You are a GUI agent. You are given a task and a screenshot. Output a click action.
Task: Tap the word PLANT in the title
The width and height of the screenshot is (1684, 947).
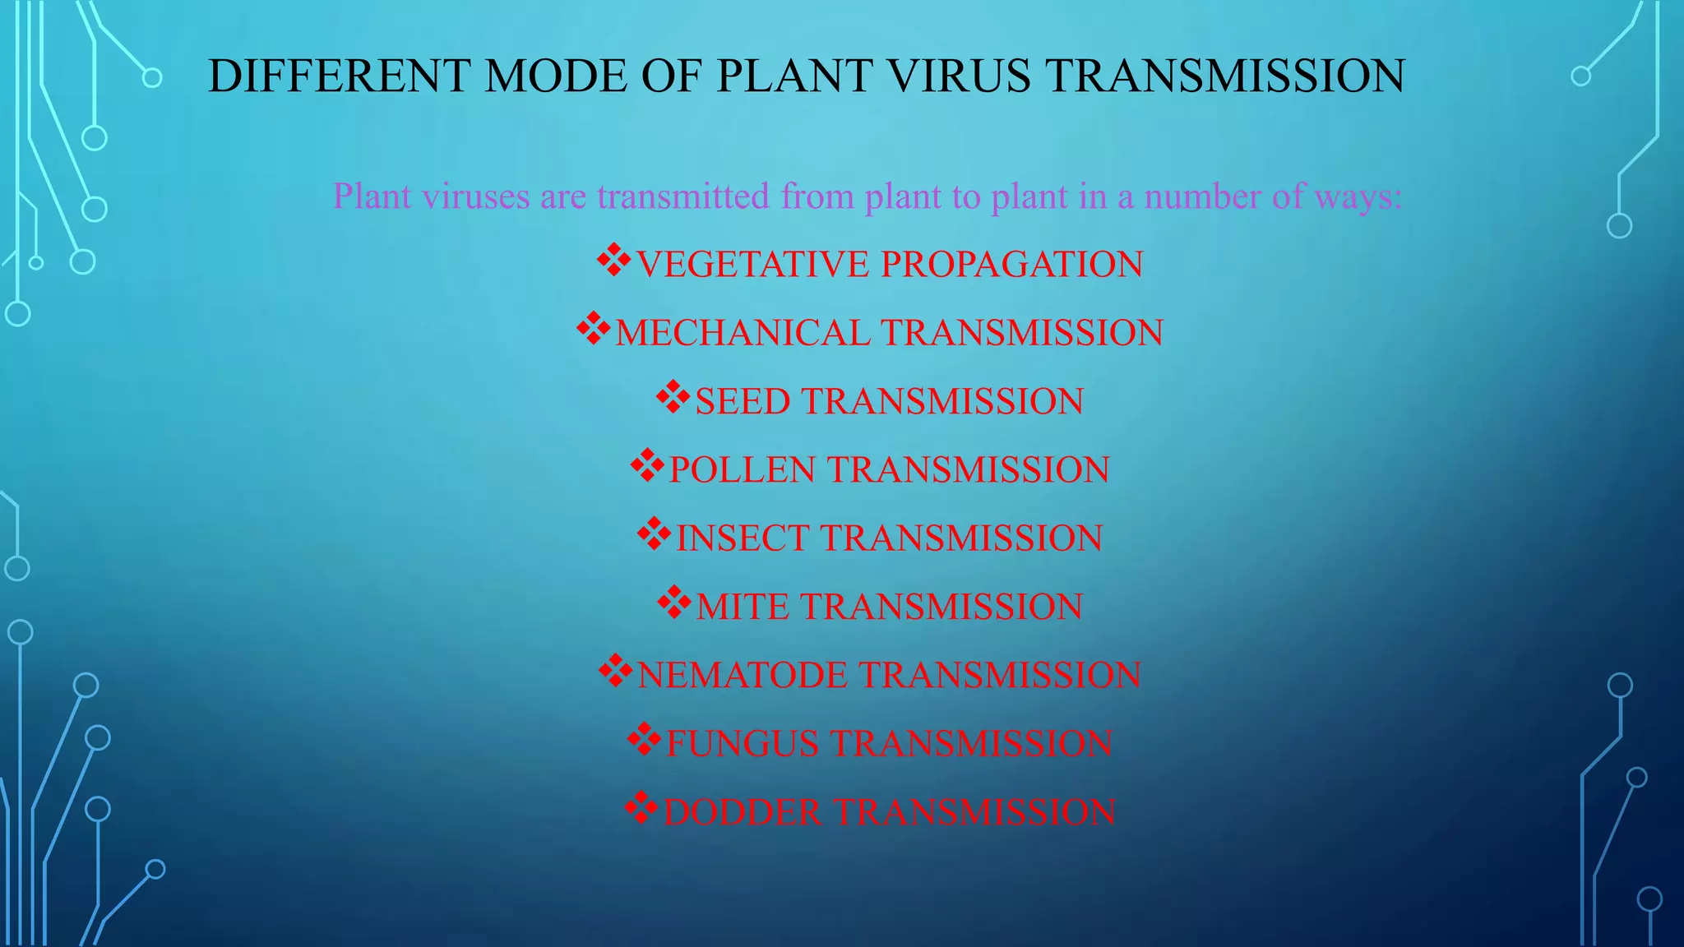tap(793, 76)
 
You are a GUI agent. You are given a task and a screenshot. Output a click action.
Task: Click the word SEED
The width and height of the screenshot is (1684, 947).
tap(742, 401)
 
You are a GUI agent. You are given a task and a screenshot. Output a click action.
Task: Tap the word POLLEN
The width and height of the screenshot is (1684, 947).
tap(742, 469)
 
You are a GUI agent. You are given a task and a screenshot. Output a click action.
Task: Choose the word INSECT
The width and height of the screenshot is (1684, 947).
tap(742, 538)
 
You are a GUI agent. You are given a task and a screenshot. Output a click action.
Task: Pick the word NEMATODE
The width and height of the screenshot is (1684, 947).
tap(742, 675)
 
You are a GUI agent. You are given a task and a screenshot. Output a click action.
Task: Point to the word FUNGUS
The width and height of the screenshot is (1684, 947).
tap(742, 743)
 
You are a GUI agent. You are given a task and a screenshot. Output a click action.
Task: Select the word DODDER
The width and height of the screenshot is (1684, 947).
tap(742, 812)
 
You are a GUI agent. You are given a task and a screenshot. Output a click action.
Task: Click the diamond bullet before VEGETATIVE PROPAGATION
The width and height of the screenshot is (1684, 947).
tap(613, 261)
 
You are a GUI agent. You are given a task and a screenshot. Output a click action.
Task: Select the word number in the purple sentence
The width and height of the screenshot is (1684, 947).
tap(1201, 196)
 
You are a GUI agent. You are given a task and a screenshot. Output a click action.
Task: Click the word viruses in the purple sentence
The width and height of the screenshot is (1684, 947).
tap(476, 196)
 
